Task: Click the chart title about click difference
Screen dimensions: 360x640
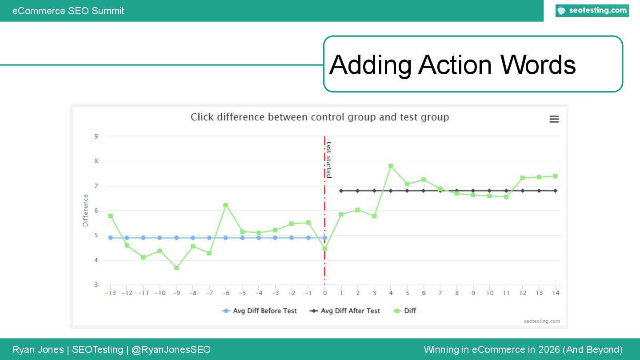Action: [x=320, y=117]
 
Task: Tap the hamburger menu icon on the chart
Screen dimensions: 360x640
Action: [x=554, y=119]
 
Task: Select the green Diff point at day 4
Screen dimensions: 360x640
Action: [x=391, y=166]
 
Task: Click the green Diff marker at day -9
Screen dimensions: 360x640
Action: [x=176, y=268]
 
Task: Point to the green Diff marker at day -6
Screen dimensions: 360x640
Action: [x=226, y=205]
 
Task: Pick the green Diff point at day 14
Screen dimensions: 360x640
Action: [x=555, y=176]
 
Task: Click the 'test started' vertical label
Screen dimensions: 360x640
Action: [x=329, y=160]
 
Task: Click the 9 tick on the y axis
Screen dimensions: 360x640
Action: [x=96, y=136]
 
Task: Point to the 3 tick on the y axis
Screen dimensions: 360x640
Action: [x=96, y=285]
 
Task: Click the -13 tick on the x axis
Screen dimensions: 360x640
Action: [x=110, y=293]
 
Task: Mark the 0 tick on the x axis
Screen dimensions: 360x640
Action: [x=325, y=293]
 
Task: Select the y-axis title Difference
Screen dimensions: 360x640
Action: [x=85, y=211]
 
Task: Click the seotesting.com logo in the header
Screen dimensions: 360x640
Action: [x=592, y=11]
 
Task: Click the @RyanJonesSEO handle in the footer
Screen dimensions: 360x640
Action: [x=171, y=350]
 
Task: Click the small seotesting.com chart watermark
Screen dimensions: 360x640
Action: [x=542, y=321]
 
